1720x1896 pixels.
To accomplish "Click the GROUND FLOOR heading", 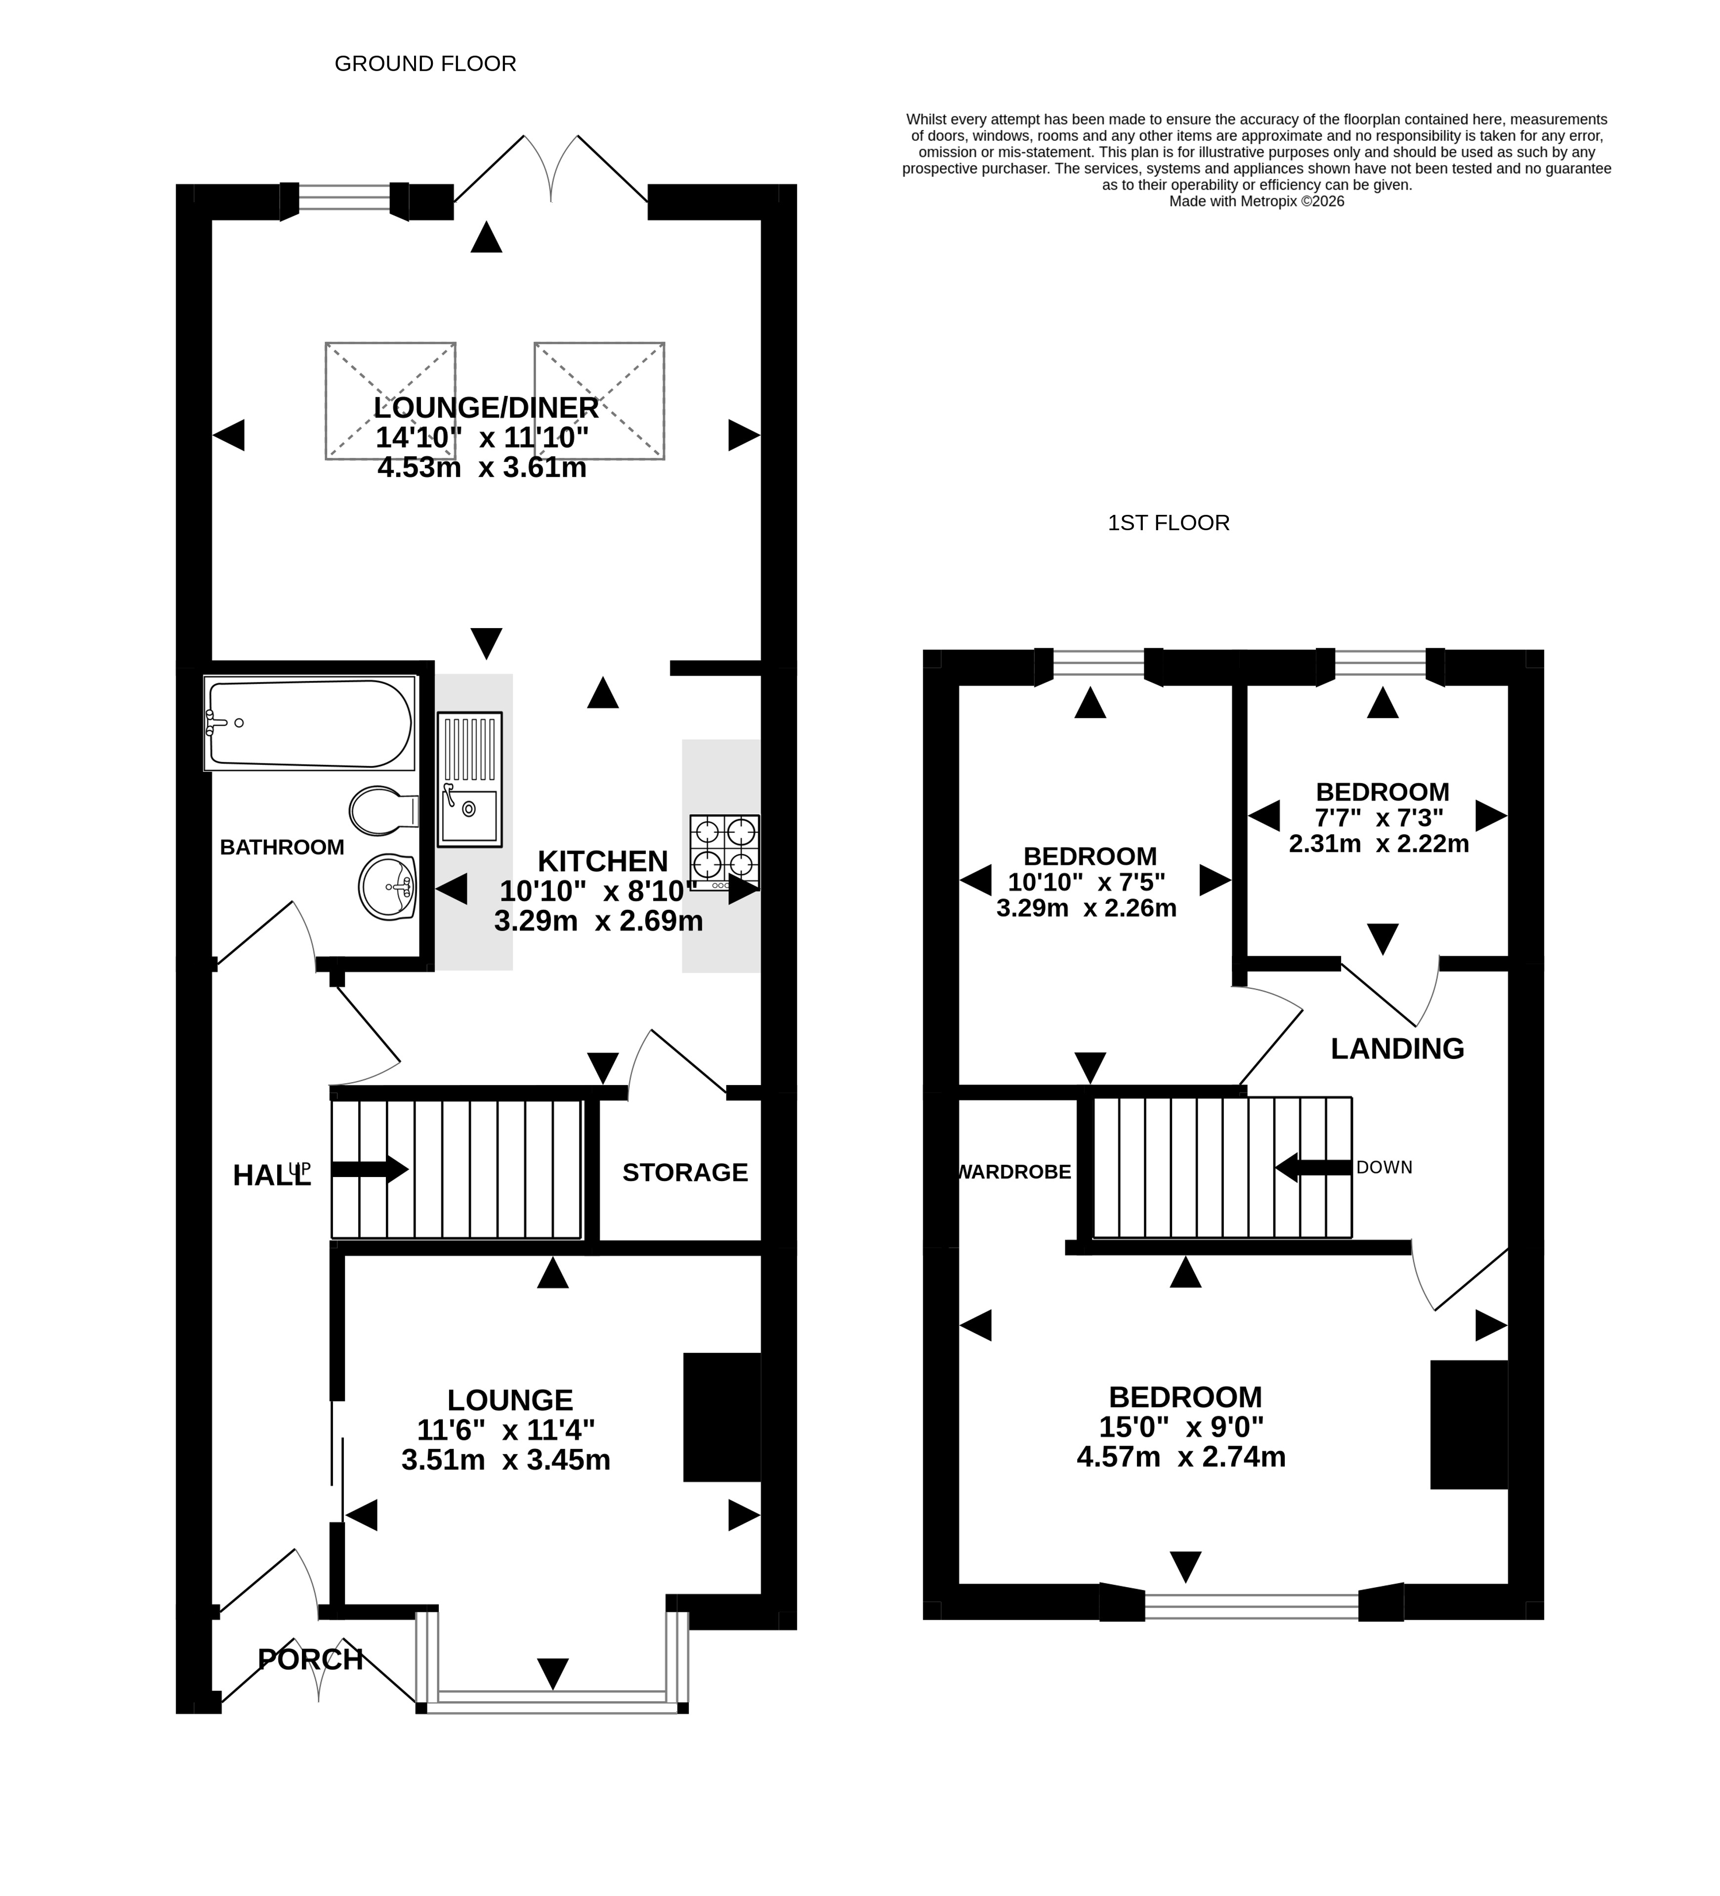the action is click(x=425, y=64).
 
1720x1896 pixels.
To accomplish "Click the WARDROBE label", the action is click(x=1014, y=1172).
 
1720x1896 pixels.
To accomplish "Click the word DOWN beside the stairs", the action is click(x=1384, y=1167).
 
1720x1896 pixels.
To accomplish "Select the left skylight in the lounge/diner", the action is click(x=390, y=401).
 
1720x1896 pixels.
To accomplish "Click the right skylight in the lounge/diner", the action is click(x=599, y=401).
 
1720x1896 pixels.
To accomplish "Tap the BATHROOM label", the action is click(x=282, y=847).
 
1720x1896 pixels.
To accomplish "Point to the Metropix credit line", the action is click(x=1257, y=201).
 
